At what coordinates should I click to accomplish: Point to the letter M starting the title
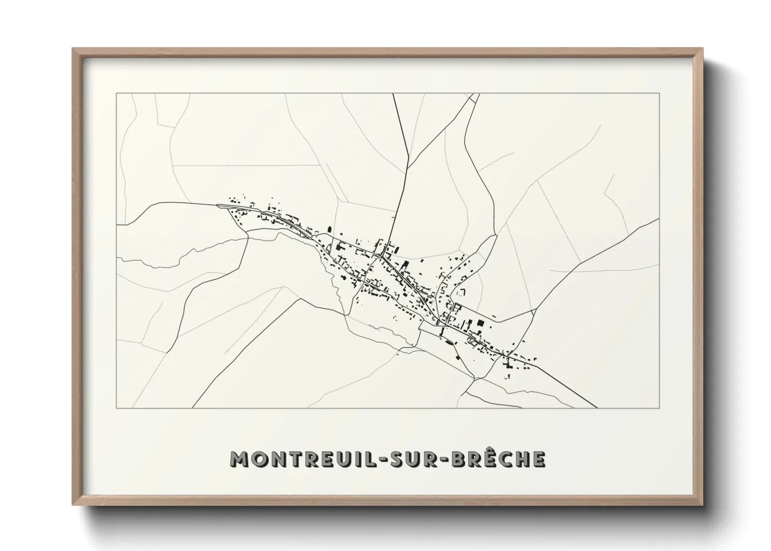239,459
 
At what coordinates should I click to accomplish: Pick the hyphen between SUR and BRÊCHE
441,459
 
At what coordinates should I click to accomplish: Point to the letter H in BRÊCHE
519,459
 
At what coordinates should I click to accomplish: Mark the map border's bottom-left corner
116,408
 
